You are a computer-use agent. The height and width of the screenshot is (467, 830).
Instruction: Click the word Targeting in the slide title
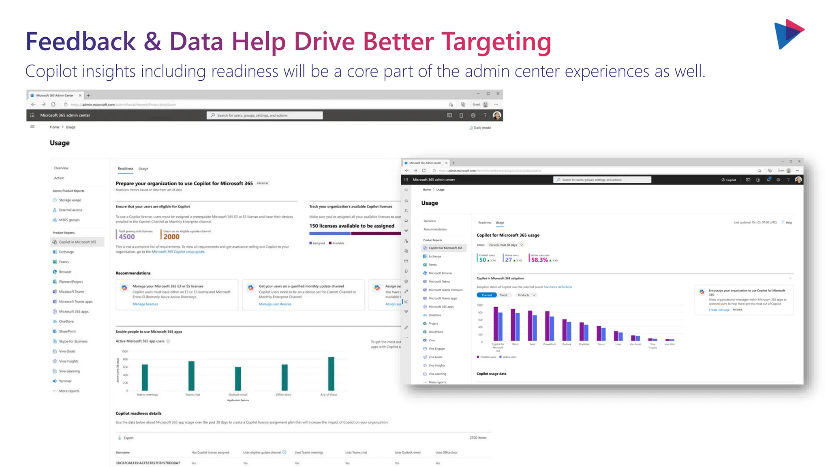click(496, 42)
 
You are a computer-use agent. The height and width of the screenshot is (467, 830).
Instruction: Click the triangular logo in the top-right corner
click(789, 34)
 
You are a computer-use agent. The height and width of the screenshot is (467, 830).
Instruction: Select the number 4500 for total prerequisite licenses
click(126, 237)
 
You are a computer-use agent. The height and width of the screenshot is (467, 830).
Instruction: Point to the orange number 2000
click(171, 237)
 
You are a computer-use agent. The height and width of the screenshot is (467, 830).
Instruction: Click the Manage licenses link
click(145, 304)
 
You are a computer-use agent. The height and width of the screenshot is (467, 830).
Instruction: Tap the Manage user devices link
click(275, 304)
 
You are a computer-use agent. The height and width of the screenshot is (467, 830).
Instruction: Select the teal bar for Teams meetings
click(145, 377)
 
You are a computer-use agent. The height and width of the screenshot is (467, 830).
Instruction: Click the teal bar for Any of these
click(331, 373)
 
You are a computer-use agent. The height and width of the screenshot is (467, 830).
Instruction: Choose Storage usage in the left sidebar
click(70, 200)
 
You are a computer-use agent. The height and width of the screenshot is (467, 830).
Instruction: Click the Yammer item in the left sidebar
click(65, 381)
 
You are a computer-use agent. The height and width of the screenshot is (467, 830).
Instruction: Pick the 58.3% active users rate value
click(539, 260)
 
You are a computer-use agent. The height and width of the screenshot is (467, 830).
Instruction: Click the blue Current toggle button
click(486, 295)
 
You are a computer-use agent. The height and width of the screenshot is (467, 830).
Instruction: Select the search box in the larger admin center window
click(265, 116)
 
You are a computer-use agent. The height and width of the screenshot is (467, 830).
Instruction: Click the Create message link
click(719, 310)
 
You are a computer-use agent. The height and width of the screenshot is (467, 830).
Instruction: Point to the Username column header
click(123, 452)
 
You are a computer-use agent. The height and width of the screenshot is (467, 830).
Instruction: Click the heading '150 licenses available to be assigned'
click(351, 226)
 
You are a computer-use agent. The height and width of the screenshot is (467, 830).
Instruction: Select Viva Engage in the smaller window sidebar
click(436, 349)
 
